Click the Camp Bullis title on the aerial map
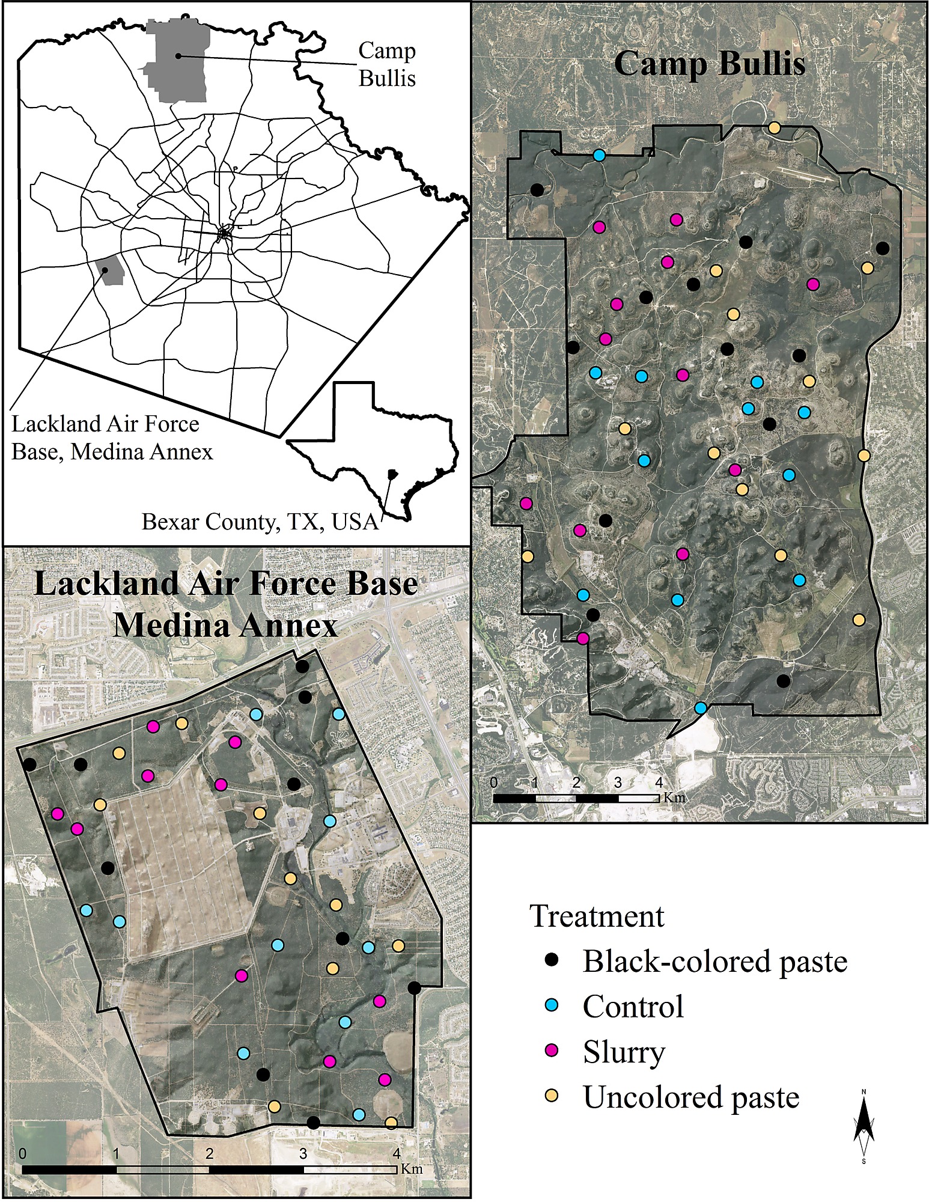(709, 63)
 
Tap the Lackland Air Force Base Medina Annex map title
(226, 605)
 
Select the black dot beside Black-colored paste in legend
(552, 960)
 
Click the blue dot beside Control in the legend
(552, 1005)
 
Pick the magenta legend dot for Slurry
(552, 1051)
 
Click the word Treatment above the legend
(597, 917)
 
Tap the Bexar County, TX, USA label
(260, 522)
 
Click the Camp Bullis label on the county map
(387, 64)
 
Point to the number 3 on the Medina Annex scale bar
(303, 1153)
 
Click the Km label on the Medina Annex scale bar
(411, 1169)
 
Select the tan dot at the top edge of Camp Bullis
(775, 127)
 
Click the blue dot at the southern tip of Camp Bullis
(700, 707)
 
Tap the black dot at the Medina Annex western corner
(29, 764)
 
